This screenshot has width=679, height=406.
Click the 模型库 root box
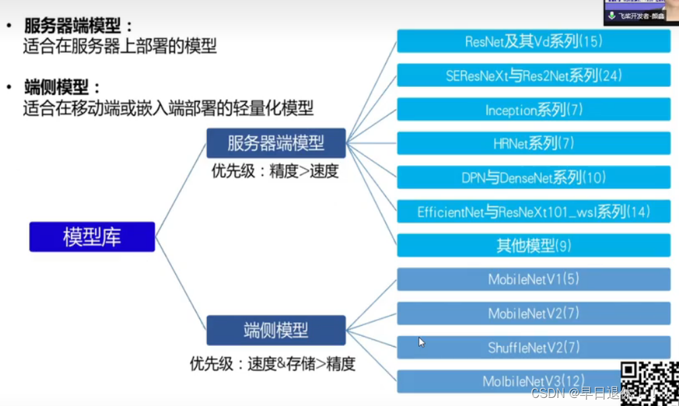[x=92, y=237]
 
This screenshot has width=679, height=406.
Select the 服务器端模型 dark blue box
[x=276, y=143]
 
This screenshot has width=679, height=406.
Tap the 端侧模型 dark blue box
[x=276, y=330]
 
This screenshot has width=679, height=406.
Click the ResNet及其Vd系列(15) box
[x=533, y=41]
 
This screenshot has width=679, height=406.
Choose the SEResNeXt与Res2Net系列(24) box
[x=533, y=75]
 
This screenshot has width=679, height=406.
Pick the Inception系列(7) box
[x=533, y=109]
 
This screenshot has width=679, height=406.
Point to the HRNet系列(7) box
[x=533, y=143]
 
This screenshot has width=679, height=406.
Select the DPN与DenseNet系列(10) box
[x=533, y=177]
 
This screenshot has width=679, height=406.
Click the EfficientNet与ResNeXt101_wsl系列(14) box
[x=533, y=211]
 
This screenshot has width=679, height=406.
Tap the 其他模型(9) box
[x=533, y=245]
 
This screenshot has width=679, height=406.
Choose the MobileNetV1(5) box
[x=533, y=279]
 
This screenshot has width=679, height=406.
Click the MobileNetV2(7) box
[x=533, y=314]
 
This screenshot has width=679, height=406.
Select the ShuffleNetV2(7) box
[x=533, y=347]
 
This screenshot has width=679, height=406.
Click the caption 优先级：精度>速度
[x=274, y=171]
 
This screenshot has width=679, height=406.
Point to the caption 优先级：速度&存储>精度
[x=272, y=364]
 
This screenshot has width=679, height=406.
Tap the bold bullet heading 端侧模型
[x=61, y=87]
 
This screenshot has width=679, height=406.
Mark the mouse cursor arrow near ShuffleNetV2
[x=421, y=342]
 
